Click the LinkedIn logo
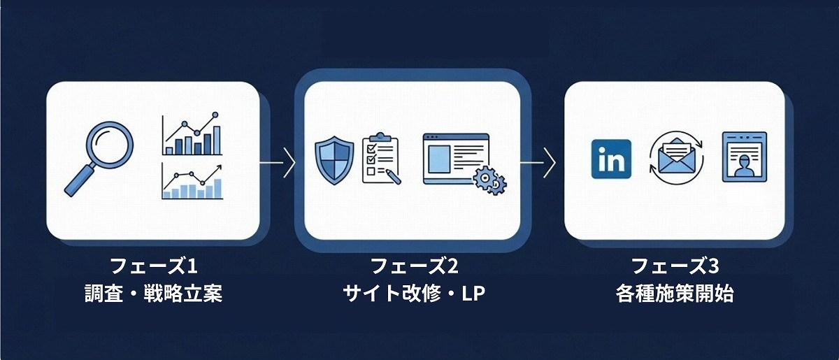click(611, 159)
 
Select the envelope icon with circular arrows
click(676, 159)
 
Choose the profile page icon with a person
click(745, 157)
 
